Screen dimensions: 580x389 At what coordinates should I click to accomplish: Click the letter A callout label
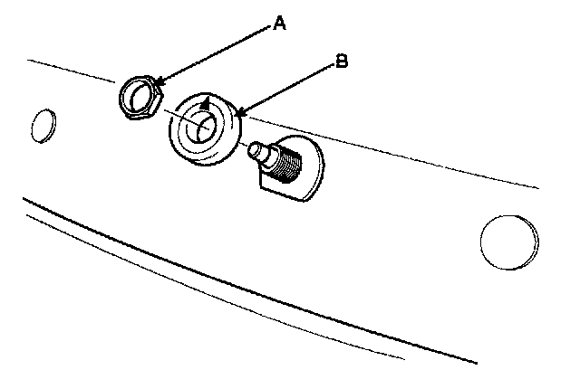281,26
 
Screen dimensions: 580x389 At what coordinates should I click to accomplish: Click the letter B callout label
342,62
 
